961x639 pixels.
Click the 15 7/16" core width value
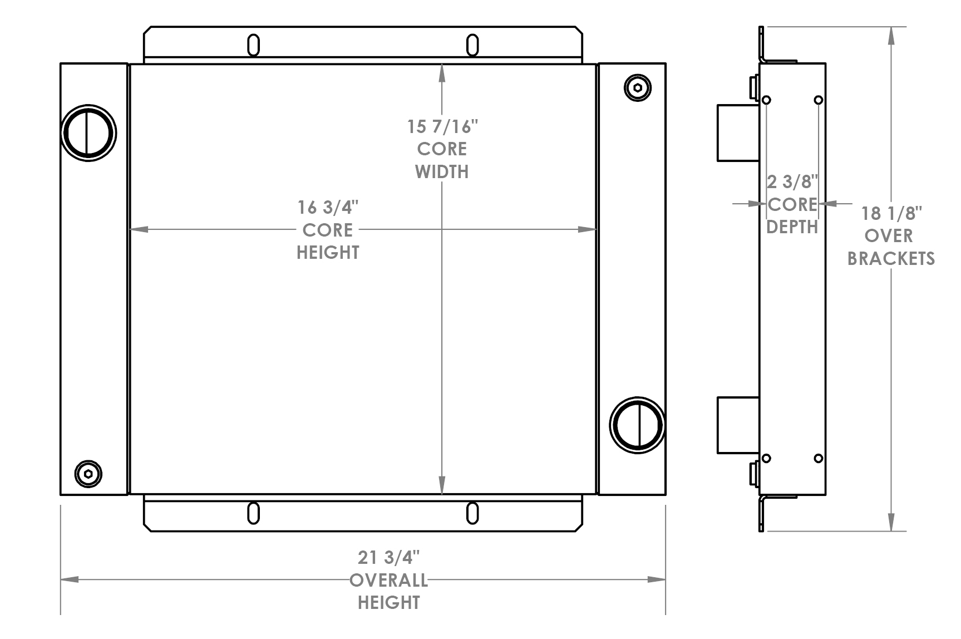click(x=442, y=127)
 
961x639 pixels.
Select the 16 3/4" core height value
click(x=327, y=208)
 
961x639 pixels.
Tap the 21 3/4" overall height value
click(x=388, y=558)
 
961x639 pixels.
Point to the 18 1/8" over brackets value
click(x=891, y=213)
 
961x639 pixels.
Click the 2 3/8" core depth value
click(x=792, y=182)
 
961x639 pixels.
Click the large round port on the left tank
click(x=88, y=133)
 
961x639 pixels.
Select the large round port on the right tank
click(x=637, y=425)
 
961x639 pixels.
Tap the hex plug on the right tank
click(x=638, y=87)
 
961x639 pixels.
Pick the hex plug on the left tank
click(x=88, y=474)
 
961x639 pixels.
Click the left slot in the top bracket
click(x=253, y=45)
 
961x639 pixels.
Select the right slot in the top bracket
click(x=472, y=45)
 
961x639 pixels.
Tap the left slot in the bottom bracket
click(x=253, y=513)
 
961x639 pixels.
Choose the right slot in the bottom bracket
click(x=472, y=513)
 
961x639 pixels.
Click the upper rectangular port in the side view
click(x=738, y=133)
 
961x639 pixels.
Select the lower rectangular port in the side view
click(x=738, y=425)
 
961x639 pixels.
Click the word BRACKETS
click(x=891, y=259)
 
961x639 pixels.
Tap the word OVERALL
click(x=388, y=581)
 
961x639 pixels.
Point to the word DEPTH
click(x=792, y=227)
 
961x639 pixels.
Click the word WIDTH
click(x=442, y=172)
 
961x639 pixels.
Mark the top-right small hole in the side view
click(x=818, y=100)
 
